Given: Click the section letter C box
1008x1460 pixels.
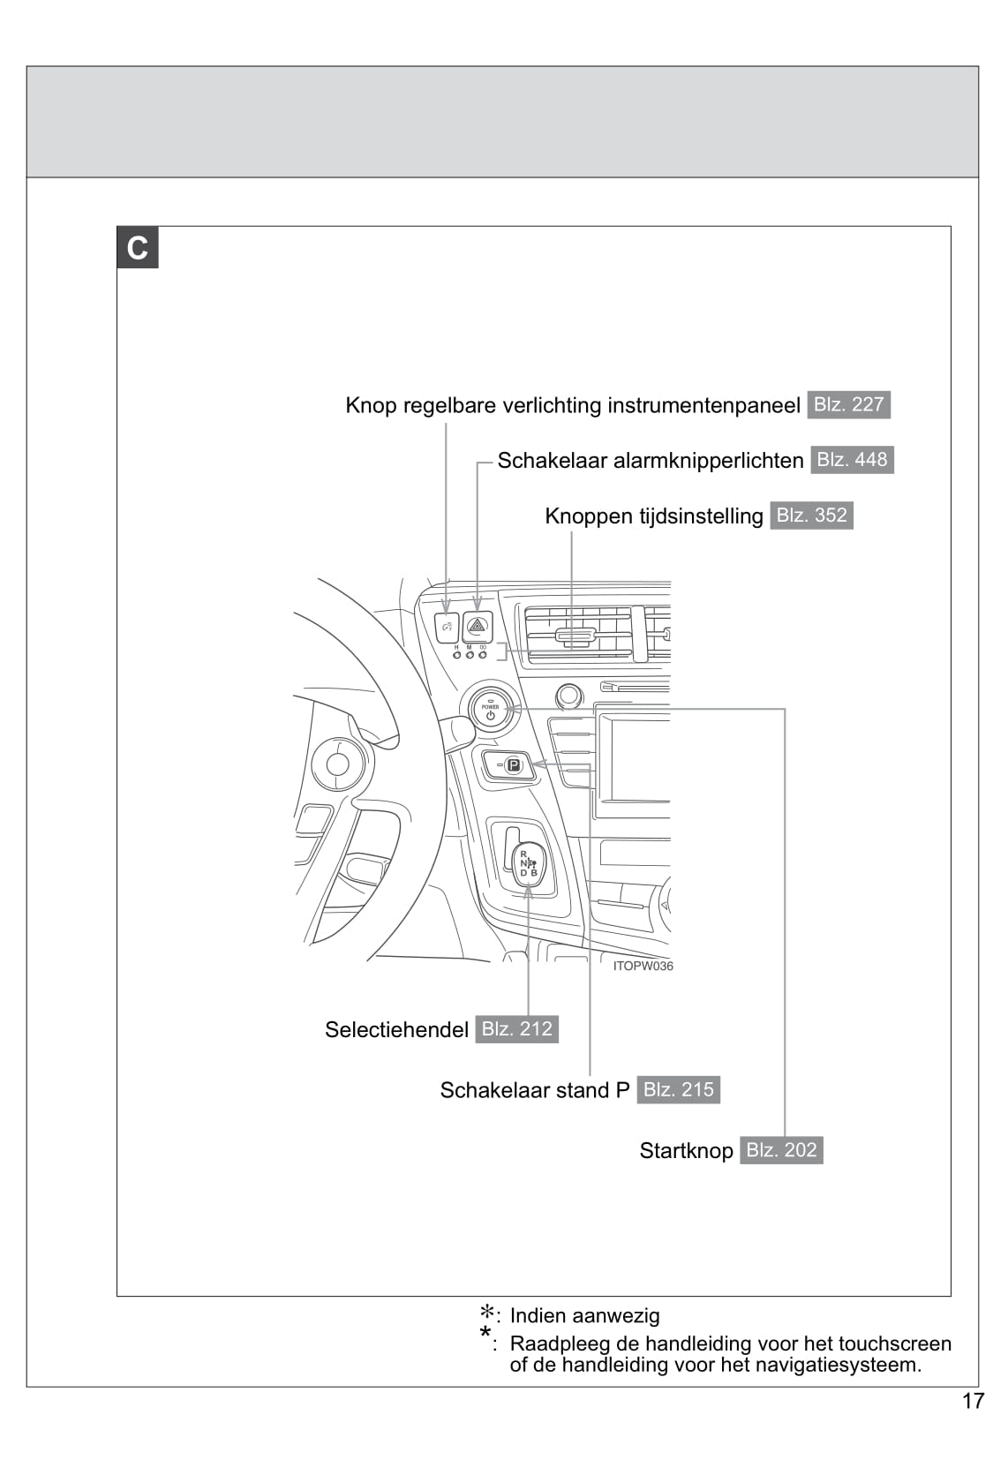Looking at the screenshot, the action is coord(138,248).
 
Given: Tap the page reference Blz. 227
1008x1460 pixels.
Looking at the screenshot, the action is coord(848,405).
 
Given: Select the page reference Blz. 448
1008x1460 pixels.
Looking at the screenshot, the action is coord(852,460).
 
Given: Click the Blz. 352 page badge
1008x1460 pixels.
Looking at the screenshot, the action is coord(811,516).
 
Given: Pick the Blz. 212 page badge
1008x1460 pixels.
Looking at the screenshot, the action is coord(516,1029).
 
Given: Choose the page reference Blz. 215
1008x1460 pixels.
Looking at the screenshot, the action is coord(678,1090).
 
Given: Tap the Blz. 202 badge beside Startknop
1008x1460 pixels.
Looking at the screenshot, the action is coord(781,1150).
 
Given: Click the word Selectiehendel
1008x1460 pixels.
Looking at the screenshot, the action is coord(397,1030).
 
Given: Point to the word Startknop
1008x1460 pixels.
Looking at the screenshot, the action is coord(686,1152).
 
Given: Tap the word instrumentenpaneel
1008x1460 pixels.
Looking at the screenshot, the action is coord(703,406).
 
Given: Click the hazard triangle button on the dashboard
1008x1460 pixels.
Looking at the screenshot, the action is coord(478,627).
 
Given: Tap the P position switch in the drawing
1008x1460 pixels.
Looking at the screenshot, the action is coord(508,765).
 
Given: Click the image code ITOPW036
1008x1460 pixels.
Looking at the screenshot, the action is coord(643,966).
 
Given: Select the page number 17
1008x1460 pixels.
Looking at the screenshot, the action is coord(973,1401).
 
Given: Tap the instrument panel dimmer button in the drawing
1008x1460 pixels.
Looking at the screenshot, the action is coord(447,628).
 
